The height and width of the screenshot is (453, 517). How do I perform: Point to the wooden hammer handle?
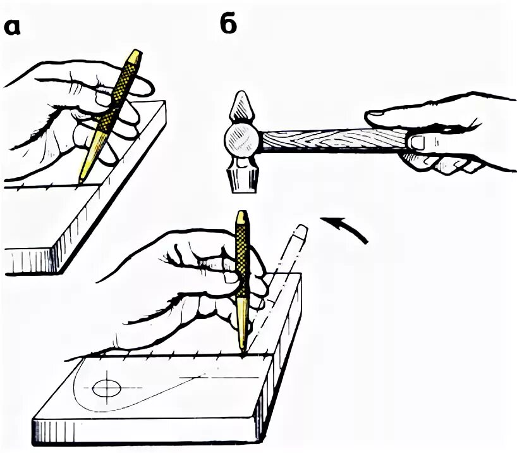point(329,141)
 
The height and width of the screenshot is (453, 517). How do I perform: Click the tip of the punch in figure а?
point(80,182)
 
